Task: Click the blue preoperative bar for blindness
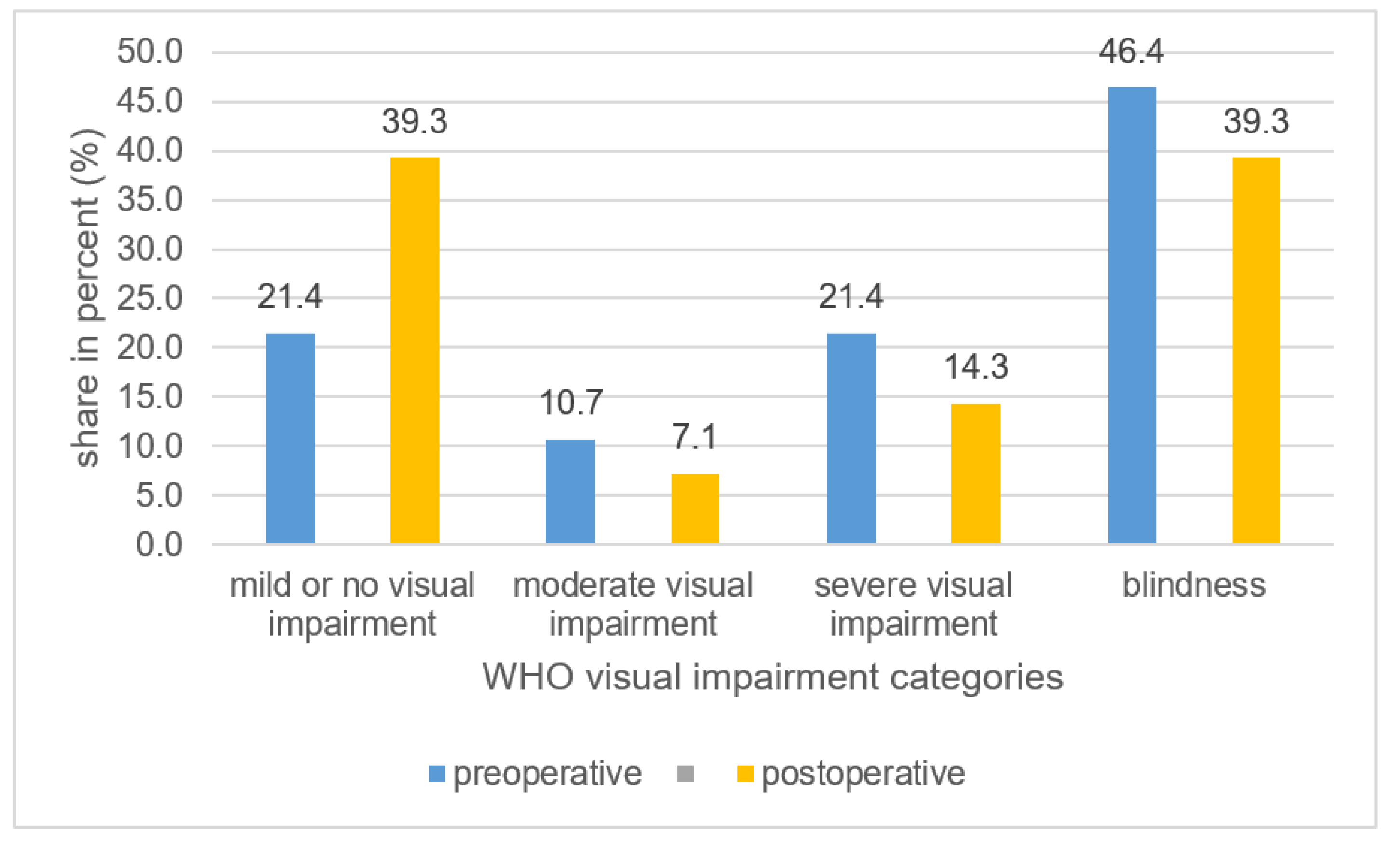coord(1132,315)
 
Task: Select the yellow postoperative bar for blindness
coord(1256,350)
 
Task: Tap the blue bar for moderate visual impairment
coord(570,491)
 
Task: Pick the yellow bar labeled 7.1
coord(695,509)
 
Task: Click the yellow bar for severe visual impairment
coord(975,473)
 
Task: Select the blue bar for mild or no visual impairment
coord(290,438)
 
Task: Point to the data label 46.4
coord(1131,51)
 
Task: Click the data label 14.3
coord(976,367)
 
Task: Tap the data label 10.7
coord(571,403)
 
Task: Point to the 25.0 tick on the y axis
coord(150,298)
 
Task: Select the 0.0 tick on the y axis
coord(159,544)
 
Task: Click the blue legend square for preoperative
coord(437,774)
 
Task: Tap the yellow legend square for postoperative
coord(745,774)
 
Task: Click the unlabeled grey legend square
coord(685,774)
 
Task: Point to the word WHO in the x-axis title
coord(527,677)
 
